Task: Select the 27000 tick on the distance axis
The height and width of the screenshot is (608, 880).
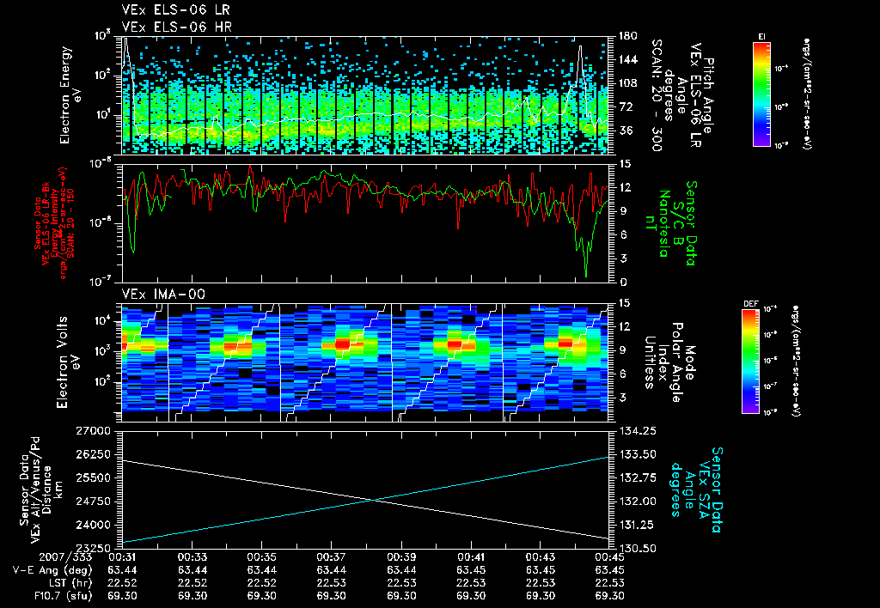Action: [x=100, y=429]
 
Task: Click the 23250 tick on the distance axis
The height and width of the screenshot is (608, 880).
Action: [x=100, y=547]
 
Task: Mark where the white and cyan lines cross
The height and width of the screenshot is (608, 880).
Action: [x=371, y=501]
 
